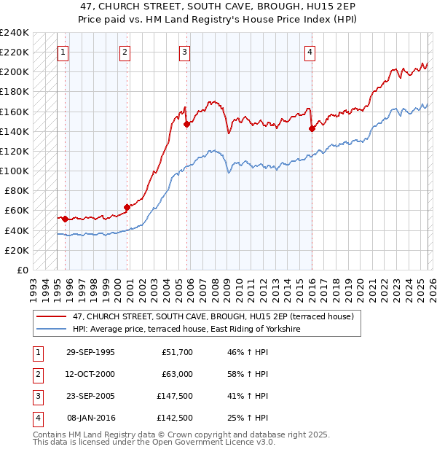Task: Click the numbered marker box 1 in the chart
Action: click(63, 52)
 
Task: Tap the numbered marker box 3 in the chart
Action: click(185, 52)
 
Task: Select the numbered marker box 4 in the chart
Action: click(310, 52)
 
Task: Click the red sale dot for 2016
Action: click(312, 128)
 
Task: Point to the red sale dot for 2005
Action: click(186, 124)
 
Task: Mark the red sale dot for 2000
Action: click(127, 207)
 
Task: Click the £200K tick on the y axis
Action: click(15, 72)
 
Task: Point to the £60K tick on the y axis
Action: click(17, 211)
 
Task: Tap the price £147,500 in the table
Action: click(175, 396)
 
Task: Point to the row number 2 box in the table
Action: click(37, 374)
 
